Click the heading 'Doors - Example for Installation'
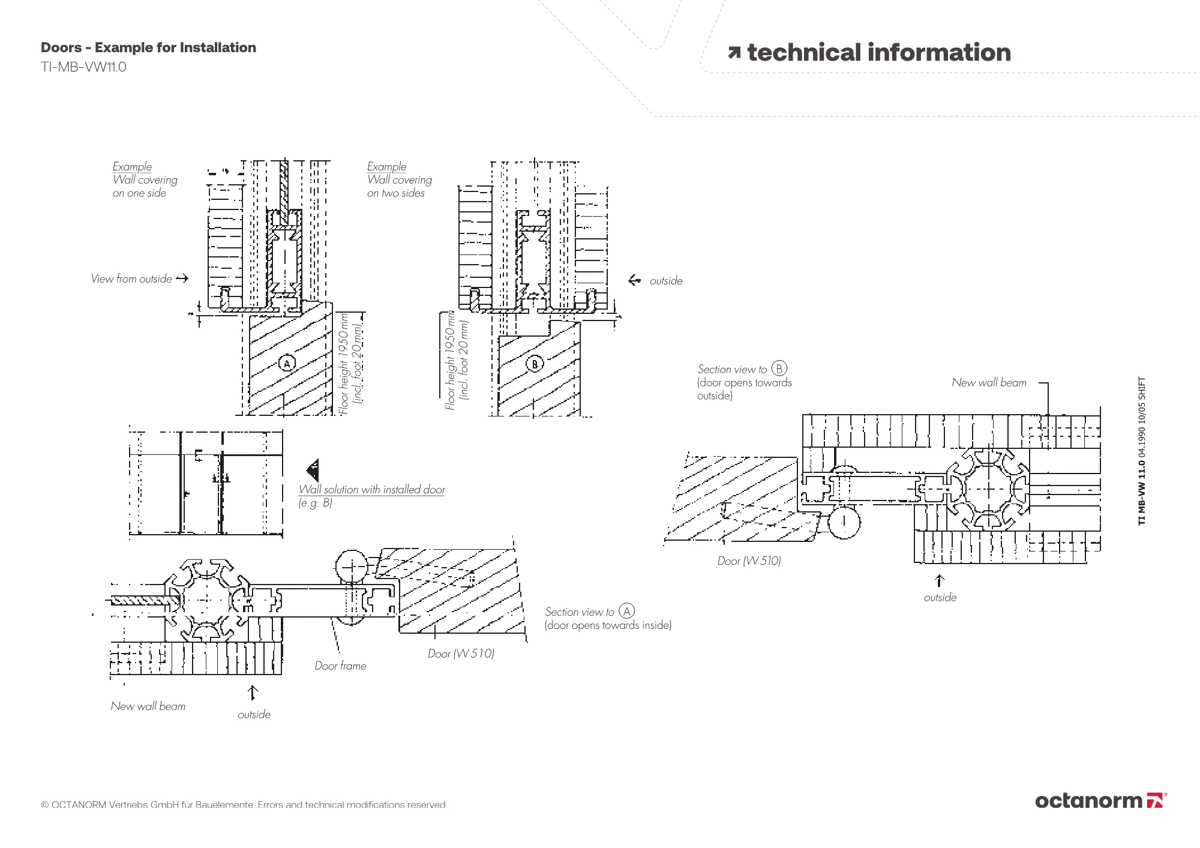[x=148, y=48]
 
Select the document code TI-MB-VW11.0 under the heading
[x=83, y=67]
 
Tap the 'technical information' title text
[x=878, y=53]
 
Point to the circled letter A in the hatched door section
[x=287, y=363]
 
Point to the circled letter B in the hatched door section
[x=535, y=363]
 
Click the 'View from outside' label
[x=131, y=278]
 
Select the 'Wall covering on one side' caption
[x=145, y=179]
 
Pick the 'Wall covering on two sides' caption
[x=399, y=179]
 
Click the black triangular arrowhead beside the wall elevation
[x=313, y=469]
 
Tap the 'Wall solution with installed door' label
[x=371, y=490]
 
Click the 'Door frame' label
[x=340, y=666]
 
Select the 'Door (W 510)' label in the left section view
[x=461, y=654]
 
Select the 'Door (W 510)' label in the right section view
[x=749, y=561]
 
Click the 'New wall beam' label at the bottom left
[x=148, y=706]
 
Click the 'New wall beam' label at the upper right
[x=989, y=383]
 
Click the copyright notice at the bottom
[x=244, y=805]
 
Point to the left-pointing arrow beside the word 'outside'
[x=634, y=280]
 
